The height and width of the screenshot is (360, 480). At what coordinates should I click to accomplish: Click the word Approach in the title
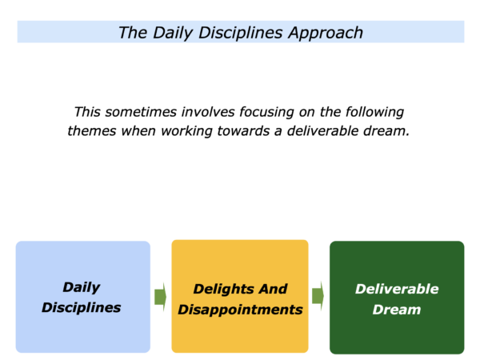[x=326, y=34]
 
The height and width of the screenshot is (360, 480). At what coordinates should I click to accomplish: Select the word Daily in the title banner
[x=174, y=34]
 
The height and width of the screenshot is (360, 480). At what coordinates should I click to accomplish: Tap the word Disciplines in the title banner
[x=241, y=33]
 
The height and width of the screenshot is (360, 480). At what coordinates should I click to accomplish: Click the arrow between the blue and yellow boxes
[x=161, y=297]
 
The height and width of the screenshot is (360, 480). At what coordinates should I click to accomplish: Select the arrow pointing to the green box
[x=318, y=296]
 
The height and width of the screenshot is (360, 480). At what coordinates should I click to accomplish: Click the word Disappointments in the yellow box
[x=240, y=310]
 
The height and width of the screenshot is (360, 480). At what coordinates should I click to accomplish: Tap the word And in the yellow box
[x=273, y=289]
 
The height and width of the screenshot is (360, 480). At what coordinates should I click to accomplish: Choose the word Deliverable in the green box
[x=397, y=289]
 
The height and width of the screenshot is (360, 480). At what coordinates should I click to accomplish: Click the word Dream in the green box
[x=397, y=310]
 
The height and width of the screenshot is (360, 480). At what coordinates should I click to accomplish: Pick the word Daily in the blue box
[x=82, y=288]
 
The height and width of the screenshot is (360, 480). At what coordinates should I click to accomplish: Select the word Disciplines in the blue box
[x=82, y=307]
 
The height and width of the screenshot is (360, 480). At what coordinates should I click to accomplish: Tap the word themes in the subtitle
[x=92, y=131]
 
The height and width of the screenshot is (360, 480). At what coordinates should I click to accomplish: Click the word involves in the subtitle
[x=208, y=112]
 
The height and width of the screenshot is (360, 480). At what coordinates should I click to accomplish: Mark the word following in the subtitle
[x=374, y=113]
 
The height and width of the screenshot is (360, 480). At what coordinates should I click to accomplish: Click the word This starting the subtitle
[x=87, y=112]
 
